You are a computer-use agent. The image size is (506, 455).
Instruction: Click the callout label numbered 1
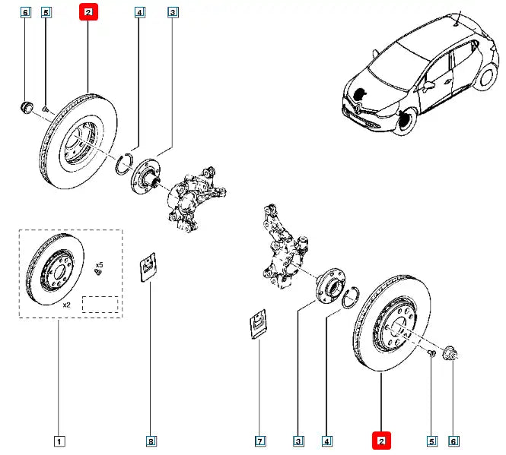pos(59,441)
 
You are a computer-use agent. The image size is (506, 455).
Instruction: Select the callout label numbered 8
pos(151,441)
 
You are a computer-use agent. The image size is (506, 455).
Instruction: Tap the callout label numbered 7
pos(259,441)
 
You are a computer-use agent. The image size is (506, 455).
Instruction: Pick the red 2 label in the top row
pos(89,13)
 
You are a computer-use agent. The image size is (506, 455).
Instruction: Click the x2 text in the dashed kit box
pos(66,304)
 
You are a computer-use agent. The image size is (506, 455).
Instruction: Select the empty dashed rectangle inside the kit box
pos(100,304)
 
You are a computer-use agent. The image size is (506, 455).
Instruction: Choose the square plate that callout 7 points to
pos(259,324)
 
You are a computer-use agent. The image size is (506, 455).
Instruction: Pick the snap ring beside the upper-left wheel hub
pos(126,163)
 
